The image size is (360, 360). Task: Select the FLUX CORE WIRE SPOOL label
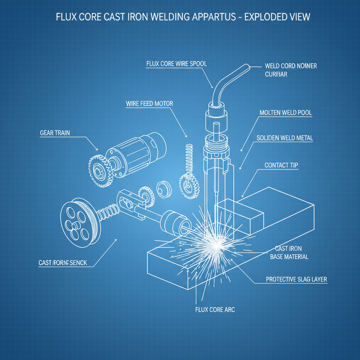[176, 64]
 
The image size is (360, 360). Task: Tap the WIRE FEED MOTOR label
[149, 104]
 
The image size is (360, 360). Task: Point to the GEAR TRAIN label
[55, 133]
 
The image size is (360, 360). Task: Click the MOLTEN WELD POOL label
[285, 113]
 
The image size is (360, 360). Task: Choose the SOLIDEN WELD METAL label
[284, 138]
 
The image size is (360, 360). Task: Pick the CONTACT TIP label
[281, 165]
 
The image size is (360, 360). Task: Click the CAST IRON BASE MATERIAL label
[289, 253]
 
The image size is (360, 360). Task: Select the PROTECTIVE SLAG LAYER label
[296, 279]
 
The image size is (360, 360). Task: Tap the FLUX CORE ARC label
[215, 310]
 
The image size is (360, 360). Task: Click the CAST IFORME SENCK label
[63, 263]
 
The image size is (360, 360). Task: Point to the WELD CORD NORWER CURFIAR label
[290, 70]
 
